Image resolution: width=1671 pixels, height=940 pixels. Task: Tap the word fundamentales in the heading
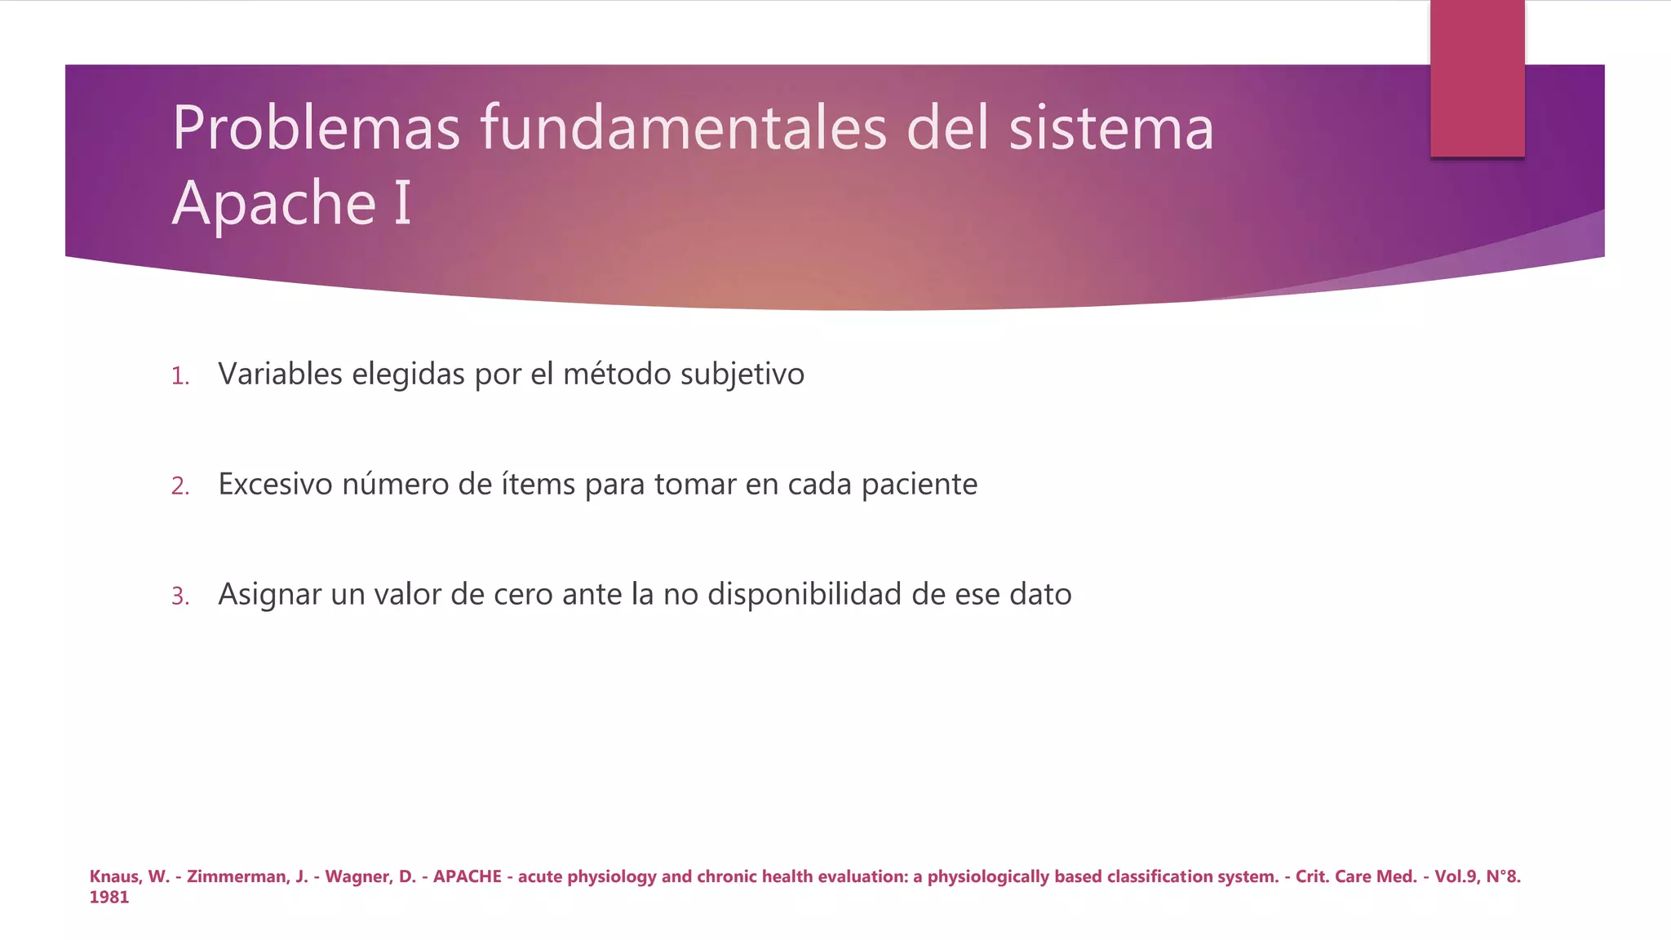[x=682, y=128]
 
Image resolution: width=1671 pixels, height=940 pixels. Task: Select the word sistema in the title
[x=1110, y=128]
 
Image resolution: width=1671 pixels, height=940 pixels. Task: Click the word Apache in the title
[x=273, y=203]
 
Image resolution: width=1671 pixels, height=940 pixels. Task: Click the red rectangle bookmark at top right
[x=1477, y=78]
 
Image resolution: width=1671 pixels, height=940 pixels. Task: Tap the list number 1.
[x=180, y=376]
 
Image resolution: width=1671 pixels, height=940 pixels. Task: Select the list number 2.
[x=180, y=486]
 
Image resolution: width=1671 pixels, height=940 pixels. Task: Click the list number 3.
[x=180, y=596]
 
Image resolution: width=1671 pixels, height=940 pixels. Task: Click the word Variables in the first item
[x=280, y=374]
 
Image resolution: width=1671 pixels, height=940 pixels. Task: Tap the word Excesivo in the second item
[x=274, y=484]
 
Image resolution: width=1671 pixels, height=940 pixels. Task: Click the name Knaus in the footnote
[x=114, y=876]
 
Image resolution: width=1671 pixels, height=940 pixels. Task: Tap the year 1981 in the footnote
[x=109, y=898]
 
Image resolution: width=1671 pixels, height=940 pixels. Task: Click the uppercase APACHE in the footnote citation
[x=467, y=876]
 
